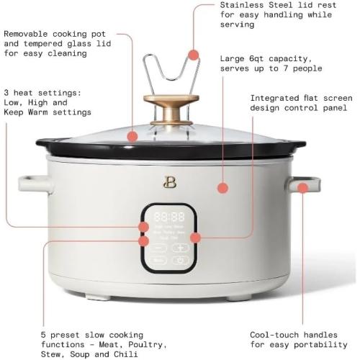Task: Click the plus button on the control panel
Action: tap(179, 247)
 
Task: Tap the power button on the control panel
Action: tap(179, 261)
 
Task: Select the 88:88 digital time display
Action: tap(168, 215)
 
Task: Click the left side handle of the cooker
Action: tap(34, 184)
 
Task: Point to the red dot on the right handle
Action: tap(303, 187)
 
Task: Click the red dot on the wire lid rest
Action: tap(192, 54)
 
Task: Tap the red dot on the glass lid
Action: tap(132, 135)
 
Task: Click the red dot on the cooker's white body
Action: tap(223, 187)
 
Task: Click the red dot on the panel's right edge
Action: tap(195, 236)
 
